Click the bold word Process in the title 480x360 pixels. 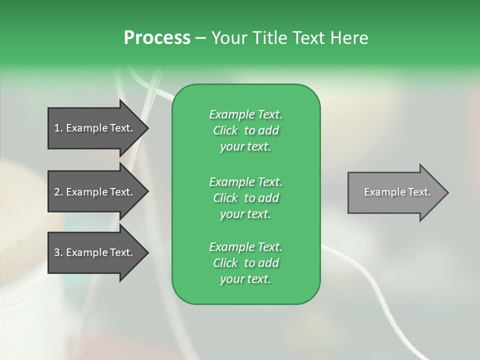point(157,38)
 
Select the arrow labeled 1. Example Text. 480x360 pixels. point(95,128)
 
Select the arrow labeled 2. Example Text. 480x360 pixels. point(95,192)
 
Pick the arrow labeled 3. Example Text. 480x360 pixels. point(95,252)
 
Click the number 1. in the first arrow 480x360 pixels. point(58,128)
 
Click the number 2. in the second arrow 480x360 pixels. point(58,192)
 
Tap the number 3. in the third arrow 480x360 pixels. point(58,252)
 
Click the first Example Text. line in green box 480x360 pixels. point(245,114)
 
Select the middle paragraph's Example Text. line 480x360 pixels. point(245,182)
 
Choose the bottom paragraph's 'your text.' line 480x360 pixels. point(245,279)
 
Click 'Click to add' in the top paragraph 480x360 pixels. point(245,131)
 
